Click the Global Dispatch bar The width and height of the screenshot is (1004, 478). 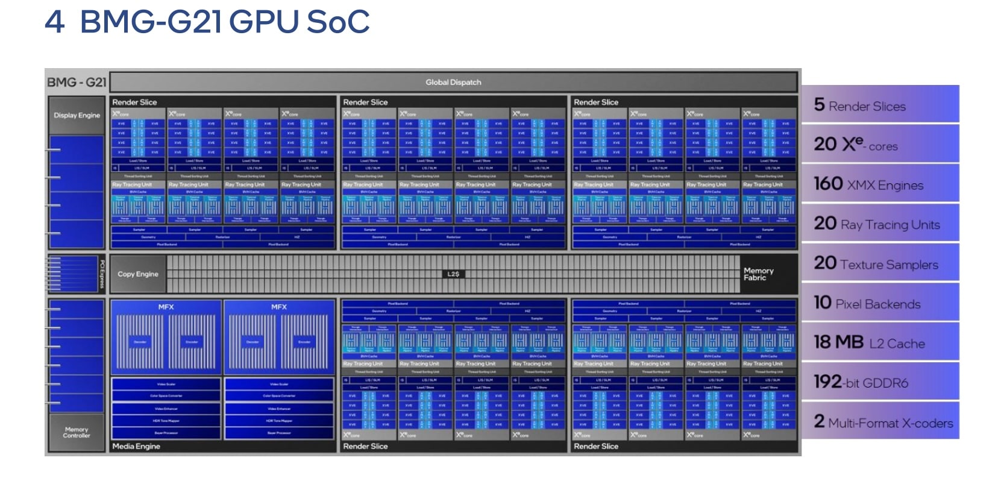[x=453, y=83]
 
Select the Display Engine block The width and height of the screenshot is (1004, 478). [x=77, y=115]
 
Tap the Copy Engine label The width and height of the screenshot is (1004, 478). [x=138, y=274]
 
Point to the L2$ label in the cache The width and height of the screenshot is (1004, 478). [x=453, y=274]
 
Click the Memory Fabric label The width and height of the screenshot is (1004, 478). [x=758, y=274]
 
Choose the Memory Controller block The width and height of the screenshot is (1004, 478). [x=77, y=432]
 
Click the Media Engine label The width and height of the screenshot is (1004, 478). [x=136, y=447]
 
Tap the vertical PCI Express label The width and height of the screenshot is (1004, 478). [x=102, y=274]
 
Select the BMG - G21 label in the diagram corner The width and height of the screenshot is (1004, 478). [x=77, y=83]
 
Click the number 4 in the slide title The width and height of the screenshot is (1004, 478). [x=54, y=22]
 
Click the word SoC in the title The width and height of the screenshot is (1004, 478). [x=337, y=22]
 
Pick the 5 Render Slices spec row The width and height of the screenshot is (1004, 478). [x=880, y=105]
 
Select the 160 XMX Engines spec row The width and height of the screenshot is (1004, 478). [x=880, y=184]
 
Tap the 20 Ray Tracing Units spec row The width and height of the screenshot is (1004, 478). [x=880, y=224]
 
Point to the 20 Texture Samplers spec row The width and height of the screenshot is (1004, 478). [x=880, y=263]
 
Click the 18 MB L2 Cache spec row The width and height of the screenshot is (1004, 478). [x=880, y=342]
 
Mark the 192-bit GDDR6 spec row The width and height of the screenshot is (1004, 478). [x=880, y=382]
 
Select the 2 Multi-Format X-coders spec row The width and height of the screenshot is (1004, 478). [x=880, y=421]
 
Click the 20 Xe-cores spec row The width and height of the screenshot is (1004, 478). [x=880, y=144]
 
